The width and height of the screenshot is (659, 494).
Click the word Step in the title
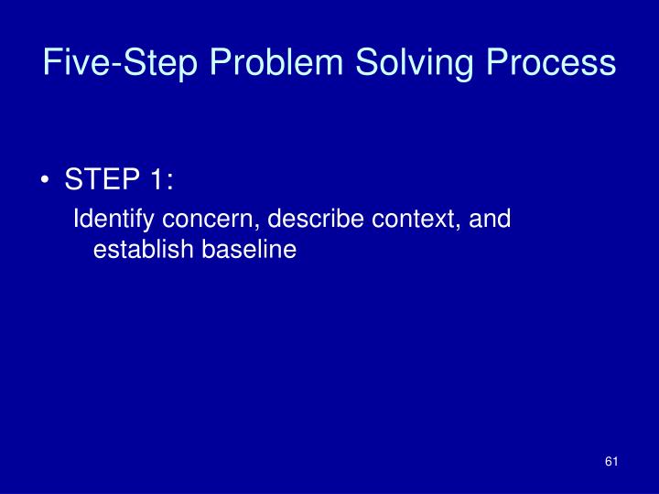tap(159, 63)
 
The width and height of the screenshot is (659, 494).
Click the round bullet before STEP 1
tap(47, 182)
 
